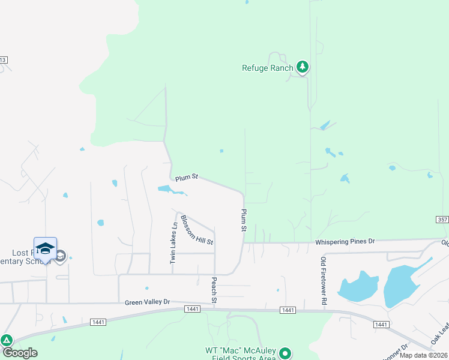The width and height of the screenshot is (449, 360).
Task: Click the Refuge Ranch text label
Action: tap(267, 68)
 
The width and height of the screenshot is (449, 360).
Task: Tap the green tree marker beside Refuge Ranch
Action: tap(303, 67)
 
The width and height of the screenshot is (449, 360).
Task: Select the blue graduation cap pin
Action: tap(46, 249)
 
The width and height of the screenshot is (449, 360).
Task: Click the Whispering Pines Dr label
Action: tap(345, 241)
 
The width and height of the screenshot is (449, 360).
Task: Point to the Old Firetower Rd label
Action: tap(323, 281)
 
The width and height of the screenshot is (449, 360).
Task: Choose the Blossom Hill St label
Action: tap(197, 230)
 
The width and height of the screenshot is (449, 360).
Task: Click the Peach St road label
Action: tap(214, 290)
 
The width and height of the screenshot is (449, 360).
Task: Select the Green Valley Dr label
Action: tap(148, 302)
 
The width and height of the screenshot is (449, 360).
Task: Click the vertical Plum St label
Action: tap(244, 220)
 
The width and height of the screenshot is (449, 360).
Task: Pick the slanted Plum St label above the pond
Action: tap(187, 178)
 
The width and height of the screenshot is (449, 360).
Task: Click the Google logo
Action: tap(20, 353)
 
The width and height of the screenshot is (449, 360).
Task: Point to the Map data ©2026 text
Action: tap(424, 355)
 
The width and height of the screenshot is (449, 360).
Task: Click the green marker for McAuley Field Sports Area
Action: tap(286, 353)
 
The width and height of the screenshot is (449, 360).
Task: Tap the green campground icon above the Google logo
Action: tap(7, 340)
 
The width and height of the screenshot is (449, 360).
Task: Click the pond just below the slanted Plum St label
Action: tap(170, 190)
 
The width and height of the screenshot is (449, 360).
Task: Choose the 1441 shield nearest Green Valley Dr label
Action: tap(192, 308)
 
